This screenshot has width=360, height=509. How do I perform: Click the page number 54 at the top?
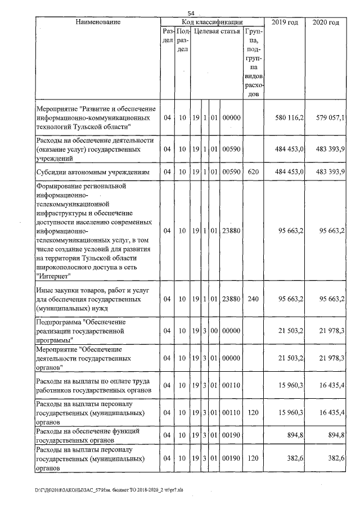(191, 13)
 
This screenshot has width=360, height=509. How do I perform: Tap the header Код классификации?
(211, 22)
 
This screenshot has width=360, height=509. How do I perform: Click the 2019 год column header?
(285, 22)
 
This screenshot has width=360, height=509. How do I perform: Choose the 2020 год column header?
(326, 22)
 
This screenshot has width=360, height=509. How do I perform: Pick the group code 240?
(253, 299)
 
